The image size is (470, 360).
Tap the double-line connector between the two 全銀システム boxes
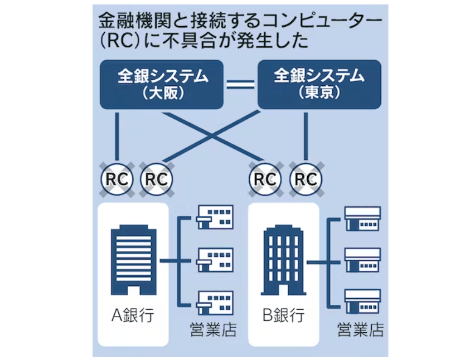coord(241,85)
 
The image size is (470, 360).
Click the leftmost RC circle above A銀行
coord(117,179)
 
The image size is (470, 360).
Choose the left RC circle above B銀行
coord(265,179)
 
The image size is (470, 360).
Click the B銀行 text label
coord(283,315)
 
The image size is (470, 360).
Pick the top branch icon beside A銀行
coord(215,218)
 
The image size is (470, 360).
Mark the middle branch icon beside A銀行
coord(215,259)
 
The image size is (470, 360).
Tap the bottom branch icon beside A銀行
coord(215,301)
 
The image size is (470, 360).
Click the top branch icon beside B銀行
coord(362,218)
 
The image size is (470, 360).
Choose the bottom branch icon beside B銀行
coord(362,301)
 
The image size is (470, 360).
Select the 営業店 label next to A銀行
coord(214,329)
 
